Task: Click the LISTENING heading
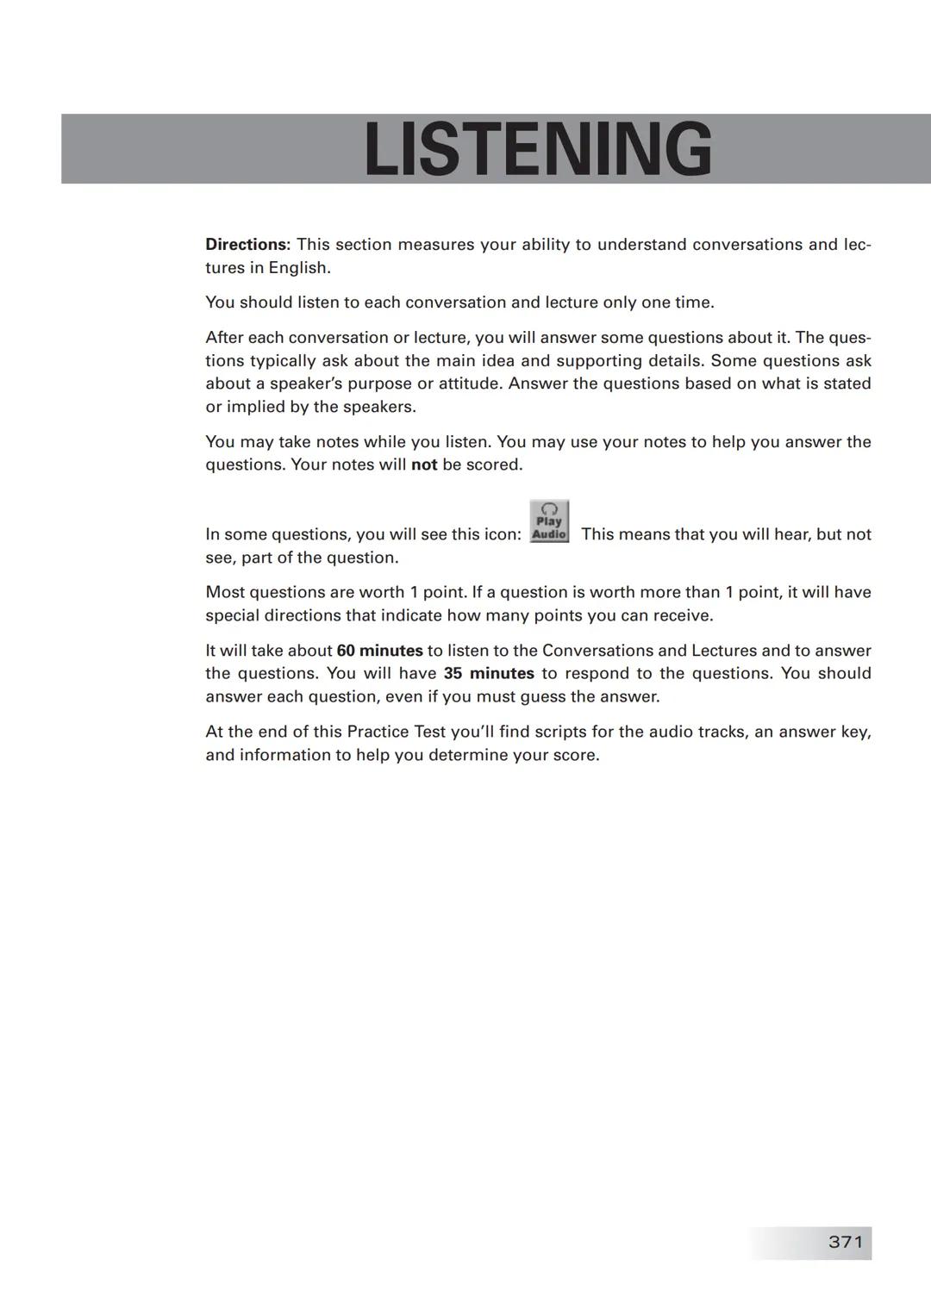pos(538,149)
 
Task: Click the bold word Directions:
pos(247,245)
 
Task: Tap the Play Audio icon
pos(549,521)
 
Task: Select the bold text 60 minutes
pos(379,651)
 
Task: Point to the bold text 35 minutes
pos(489,674)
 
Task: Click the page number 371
pos(845,1242)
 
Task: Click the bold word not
pos(424,465)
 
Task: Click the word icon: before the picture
pos(501,535)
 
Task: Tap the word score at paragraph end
pos(574,756)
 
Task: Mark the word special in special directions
pos(232,616)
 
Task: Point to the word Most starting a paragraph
pos(224,593)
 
